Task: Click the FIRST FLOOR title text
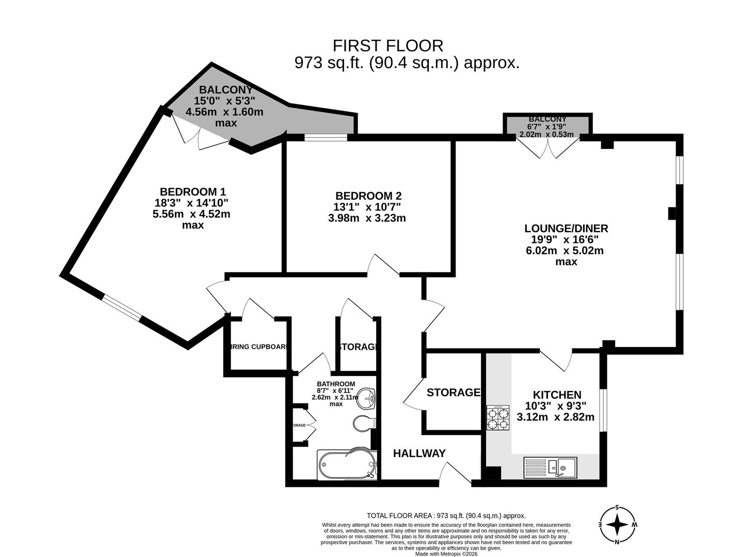pyautogui.click(x=387, y=46)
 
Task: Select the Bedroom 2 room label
pyautogui.click(x=368, y=196)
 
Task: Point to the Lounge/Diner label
pyautogui.click(x=566, y=228)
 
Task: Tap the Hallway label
pyautogui.click(x=419, y=453)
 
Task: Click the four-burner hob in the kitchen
pyautogui.click(x=498, y=417)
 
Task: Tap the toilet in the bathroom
pyautogui.click(x=364, y=423)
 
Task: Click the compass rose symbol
pyautogui.click(x=618, y=525)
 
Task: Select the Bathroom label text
pyautogui.click(x=336, y=384)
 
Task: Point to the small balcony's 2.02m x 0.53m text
pyautogui.click(x=546, y=135)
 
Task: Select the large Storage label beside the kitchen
pyautogui.click(x=453, y=392)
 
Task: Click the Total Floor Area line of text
pyautogui.click(x=446, y=515)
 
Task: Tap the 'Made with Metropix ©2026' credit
pyautogui.click(x=446, y=554)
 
